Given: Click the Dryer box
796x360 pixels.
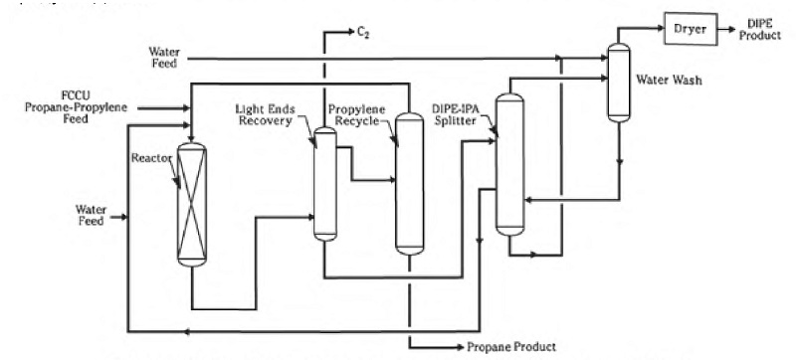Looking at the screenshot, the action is (691, 29).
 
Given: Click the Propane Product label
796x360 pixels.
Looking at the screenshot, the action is (511, 347).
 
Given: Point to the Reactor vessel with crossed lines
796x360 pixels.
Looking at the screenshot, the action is (192, 204).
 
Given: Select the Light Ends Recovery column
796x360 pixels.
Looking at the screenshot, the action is (325, 184).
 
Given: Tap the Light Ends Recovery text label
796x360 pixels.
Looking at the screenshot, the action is (266, 115).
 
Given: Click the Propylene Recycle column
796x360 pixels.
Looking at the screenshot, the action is (409, 184).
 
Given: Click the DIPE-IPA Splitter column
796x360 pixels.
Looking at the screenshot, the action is (509, 164).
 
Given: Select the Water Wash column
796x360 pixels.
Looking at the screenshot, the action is (619, 83).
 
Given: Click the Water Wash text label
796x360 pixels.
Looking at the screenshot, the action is (670, 80).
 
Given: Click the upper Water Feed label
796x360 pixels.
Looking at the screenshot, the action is (163, 58).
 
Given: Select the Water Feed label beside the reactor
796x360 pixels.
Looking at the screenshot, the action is (91, 215).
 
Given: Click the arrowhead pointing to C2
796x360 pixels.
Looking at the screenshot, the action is (350, 33).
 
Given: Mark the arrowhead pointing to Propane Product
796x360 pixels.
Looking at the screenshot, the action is (460, 347).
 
